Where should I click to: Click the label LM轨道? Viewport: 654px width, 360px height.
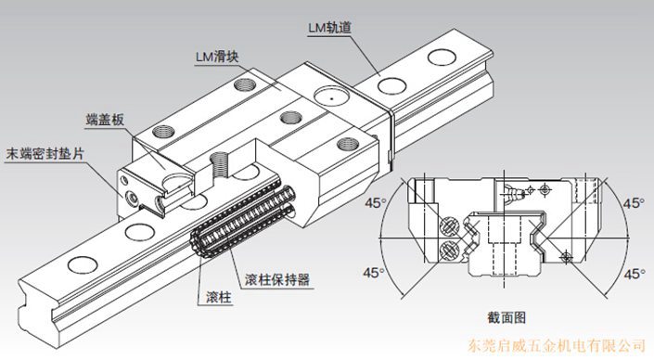[330, 28]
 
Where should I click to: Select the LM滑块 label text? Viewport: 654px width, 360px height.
[217, 57]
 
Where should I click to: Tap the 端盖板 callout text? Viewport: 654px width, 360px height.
[105, 120]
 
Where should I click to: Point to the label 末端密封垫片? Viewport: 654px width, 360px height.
[45, 153]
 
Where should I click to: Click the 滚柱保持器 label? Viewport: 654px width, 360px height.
[277, 279]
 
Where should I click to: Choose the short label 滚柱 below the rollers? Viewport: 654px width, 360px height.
[218, 298]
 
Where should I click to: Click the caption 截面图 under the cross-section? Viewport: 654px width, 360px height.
[507, 318]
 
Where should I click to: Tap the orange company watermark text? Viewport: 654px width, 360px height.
[556, 346]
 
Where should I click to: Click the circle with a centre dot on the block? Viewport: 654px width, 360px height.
[331, 96]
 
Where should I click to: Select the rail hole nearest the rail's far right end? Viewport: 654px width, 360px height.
[442, 58]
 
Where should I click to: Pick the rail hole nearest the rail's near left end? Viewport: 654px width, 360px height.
[83, 265]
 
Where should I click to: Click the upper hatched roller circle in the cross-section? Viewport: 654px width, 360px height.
[449, 227]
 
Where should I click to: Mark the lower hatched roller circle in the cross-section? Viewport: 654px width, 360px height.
[449, 251]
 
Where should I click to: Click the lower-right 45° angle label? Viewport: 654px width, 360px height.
[635, 274]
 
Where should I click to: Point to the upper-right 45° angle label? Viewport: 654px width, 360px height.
[635, 203]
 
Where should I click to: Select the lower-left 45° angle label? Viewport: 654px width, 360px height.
[374, 273]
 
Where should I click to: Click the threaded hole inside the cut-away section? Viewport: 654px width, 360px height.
[219, 164]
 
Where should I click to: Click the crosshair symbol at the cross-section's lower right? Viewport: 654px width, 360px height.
[566, 256]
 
